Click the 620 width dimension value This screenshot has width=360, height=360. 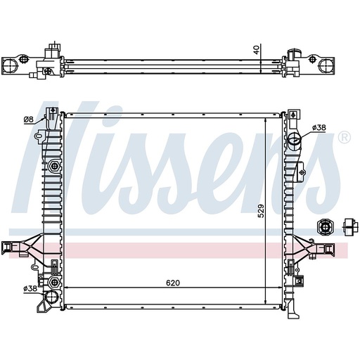[x=173, y=283]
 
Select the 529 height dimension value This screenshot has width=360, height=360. [x=259, y=210]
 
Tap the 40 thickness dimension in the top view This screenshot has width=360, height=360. [x=257, y=50]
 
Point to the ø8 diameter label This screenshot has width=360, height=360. [x=29, y=120]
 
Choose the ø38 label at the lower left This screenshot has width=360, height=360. [x=30, y=288]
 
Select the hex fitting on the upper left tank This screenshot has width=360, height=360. [x=55, y=167]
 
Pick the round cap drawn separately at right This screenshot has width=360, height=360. [x=326, y=226]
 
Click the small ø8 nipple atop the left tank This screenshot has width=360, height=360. [x=53, y=113]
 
